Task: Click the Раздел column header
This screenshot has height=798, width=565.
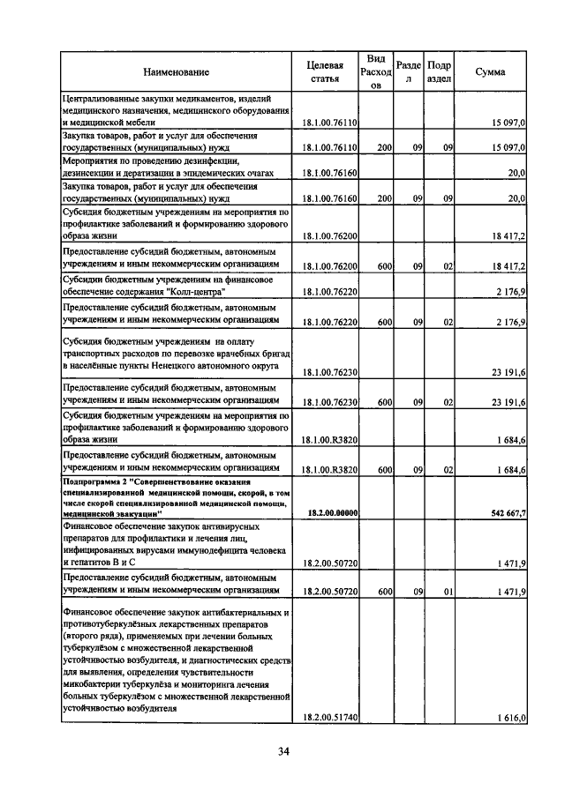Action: tap(408, 71)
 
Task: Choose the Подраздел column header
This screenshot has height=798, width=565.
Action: tap(439, 71)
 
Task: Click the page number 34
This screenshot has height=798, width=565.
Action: tap(283, 751)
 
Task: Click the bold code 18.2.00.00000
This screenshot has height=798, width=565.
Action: tap(330, 512)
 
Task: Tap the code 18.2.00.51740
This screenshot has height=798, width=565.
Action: tap(329, 719)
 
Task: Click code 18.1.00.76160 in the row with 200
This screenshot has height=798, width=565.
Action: tap(329, 199)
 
